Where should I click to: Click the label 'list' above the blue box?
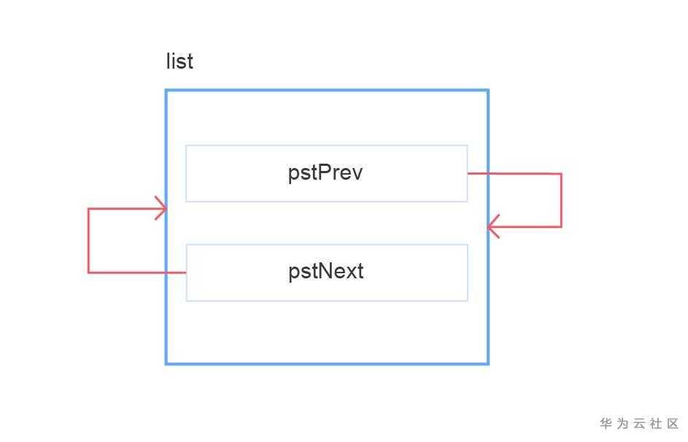(179, 61)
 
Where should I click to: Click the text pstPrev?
(325, 173)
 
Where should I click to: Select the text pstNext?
(325, 272)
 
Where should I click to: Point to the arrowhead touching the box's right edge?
(491, 226)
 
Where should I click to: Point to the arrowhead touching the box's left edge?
(163, 209)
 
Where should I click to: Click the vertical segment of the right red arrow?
(561, 200)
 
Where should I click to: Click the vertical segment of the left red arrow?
(88, 241)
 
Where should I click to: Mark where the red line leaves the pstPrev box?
(468, 173)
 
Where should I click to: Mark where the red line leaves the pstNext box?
(186, 273)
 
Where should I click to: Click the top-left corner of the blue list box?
(166, 91)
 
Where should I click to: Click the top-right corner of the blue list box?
(487, 91)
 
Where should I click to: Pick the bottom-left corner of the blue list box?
(166, 363)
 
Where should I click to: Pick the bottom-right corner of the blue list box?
(487, 363)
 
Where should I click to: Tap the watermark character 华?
(606, 424)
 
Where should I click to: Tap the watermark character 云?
(639, 424)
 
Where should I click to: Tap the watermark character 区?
(673, 424)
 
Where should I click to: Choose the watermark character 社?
(656, 424)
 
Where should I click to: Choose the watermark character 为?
(622, 424)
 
